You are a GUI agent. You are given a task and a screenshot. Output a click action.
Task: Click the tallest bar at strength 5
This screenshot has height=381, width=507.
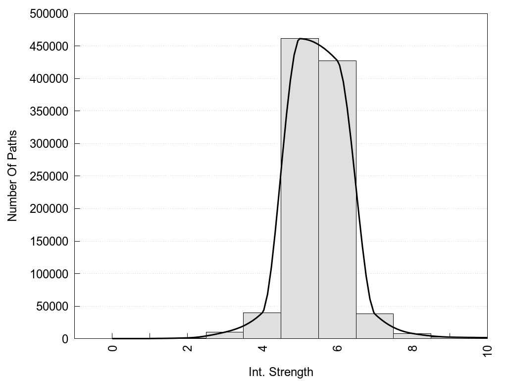point(300,189)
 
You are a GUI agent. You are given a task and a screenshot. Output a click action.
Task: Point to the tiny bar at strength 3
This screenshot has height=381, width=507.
point(224,335)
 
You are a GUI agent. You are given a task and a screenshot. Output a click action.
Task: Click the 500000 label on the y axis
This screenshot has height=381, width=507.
point(49,14)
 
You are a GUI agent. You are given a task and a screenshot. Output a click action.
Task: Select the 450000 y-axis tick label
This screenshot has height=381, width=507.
point(49,46)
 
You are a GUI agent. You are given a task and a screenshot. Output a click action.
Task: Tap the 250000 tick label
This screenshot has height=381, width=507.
point(49,176)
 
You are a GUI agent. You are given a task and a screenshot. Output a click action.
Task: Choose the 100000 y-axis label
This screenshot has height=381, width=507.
point(49,274)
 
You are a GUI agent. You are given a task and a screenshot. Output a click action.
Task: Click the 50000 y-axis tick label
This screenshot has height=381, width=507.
point(51,307)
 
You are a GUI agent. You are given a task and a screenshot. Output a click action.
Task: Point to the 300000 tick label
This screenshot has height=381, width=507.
point(49,144)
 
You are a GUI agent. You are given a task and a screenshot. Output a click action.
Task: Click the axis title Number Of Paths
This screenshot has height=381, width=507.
point(12,176)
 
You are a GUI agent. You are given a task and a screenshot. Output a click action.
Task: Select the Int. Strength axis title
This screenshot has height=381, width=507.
point(281,372)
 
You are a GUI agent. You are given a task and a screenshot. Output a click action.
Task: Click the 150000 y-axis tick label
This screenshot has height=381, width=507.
point(49,242)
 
